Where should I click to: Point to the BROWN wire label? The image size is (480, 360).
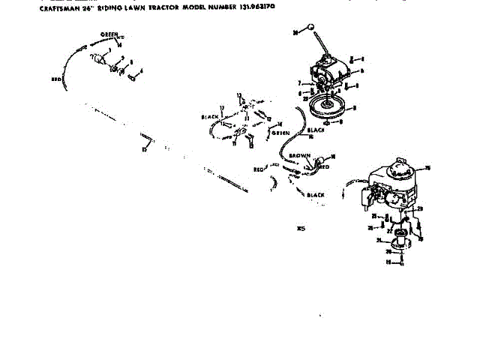pos(300,155)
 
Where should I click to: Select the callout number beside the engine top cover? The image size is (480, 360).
pos(427,167)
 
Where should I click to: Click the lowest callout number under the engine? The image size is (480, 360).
pos(388,262)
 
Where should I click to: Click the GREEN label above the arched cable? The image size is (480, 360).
pos(111,34)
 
